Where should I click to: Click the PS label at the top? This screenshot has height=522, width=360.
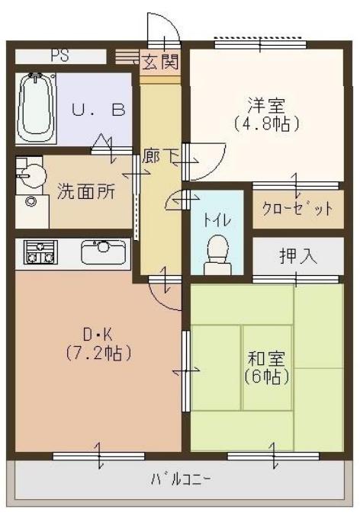(x=59, y=56)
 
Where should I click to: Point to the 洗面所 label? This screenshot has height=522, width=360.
(x=86, y=191)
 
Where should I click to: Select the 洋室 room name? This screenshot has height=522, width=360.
(x=264, y=104)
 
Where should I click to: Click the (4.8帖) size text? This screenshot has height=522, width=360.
(x=264, y=123)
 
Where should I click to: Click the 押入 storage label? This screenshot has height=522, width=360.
(x=297, y=256)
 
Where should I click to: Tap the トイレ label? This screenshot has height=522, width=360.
(x=217, y=220)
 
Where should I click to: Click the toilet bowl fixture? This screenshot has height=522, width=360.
(x=218, y=251)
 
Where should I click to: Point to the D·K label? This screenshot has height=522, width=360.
(x=98, y=334)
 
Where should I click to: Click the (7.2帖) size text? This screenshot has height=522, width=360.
(x=98, y=353)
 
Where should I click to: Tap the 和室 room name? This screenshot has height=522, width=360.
(x=264, y=357)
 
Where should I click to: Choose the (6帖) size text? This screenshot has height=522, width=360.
(x=264, y=376)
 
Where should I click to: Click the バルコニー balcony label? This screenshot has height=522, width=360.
(x=181, y=479)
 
